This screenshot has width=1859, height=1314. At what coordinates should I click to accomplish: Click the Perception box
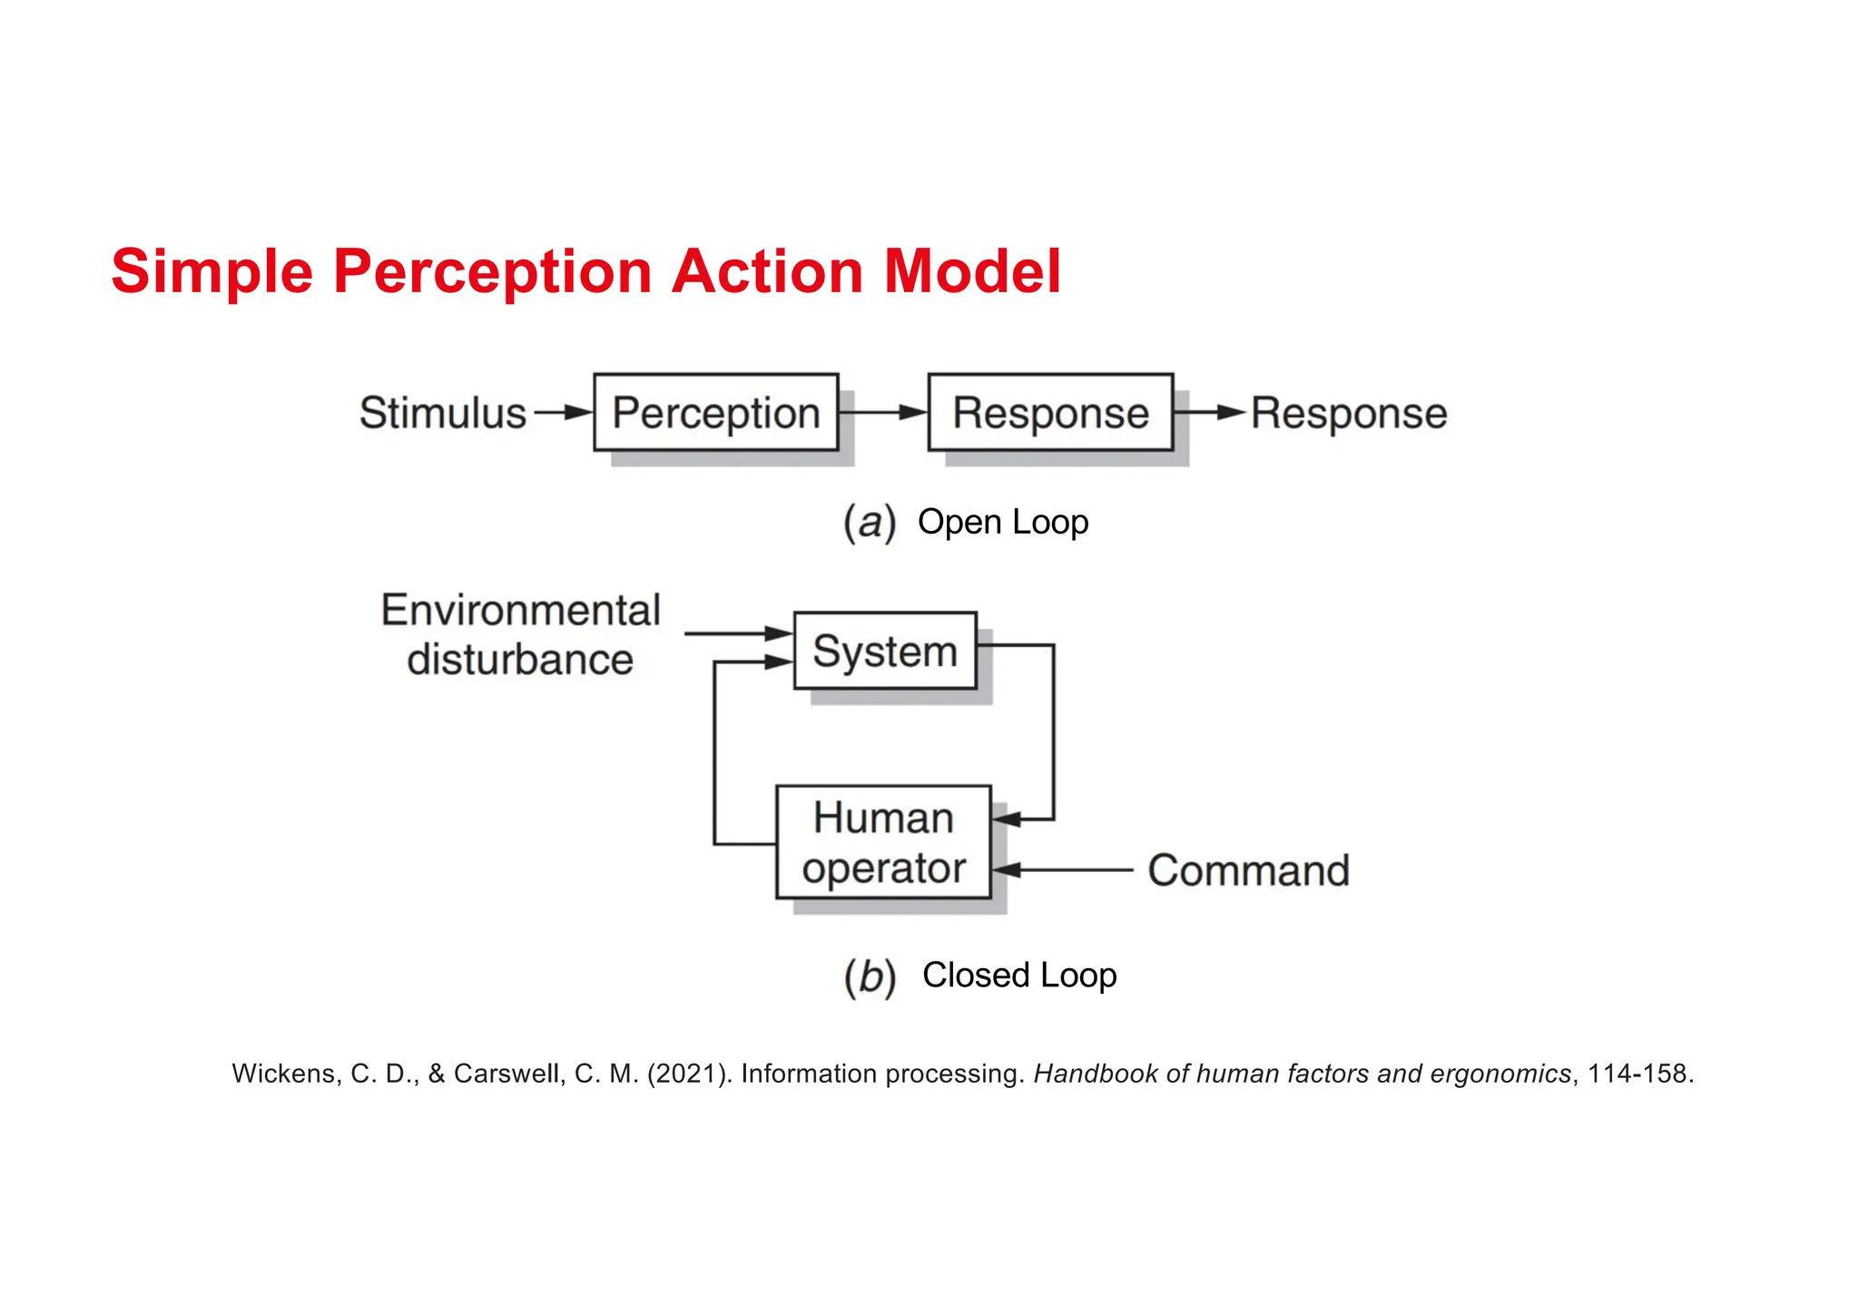point(715,413)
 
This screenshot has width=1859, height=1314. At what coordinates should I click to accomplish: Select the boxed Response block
point(1050,413)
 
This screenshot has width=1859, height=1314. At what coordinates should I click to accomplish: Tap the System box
point(885,651)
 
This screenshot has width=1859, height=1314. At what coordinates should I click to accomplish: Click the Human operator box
point(883,842)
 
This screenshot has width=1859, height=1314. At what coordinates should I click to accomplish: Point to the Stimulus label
point(442,413)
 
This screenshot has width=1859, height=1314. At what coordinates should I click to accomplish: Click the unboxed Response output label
point(1349,414)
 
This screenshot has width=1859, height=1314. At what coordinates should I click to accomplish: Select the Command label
point(1248,870)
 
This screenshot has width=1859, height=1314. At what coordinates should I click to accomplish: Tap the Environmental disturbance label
point(520,634)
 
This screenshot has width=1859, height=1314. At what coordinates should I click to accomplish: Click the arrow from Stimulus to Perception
point(563,413)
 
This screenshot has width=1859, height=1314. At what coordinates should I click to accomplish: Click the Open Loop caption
point(1003,522)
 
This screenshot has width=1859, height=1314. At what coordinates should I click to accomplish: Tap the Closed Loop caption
point(1019,975)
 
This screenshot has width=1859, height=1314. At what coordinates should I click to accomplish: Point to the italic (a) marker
point(869,523)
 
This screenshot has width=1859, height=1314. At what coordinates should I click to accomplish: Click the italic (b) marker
point(870,977)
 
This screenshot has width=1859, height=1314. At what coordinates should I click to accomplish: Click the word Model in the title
point(972,271)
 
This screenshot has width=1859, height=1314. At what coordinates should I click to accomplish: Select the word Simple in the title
point(211,271)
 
